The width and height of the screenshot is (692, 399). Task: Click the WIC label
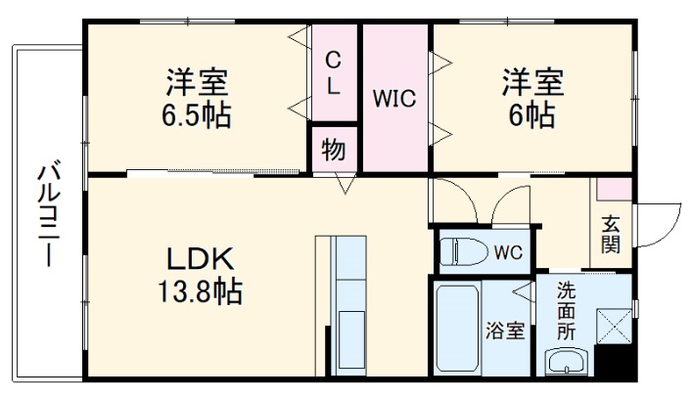coord(395,99)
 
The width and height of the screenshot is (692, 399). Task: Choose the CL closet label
coord(334,73)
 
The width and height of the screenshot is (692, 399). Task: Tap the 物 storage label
coord(334,151)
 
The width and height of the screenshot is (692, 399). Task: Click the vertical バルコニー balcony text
coord(46,215)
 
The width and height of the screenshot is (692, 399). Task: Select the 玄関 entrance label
coord(611,234)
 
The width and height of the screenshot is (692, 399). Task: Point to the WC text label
coord(507,253)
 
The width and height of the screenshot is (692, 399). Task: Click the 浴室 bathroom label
coord(506,331)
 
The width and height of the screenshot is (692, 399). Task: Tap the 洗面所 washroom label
coord(567,311)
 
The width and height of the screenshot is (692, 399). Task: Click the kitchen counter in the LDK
coord(347,304)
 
